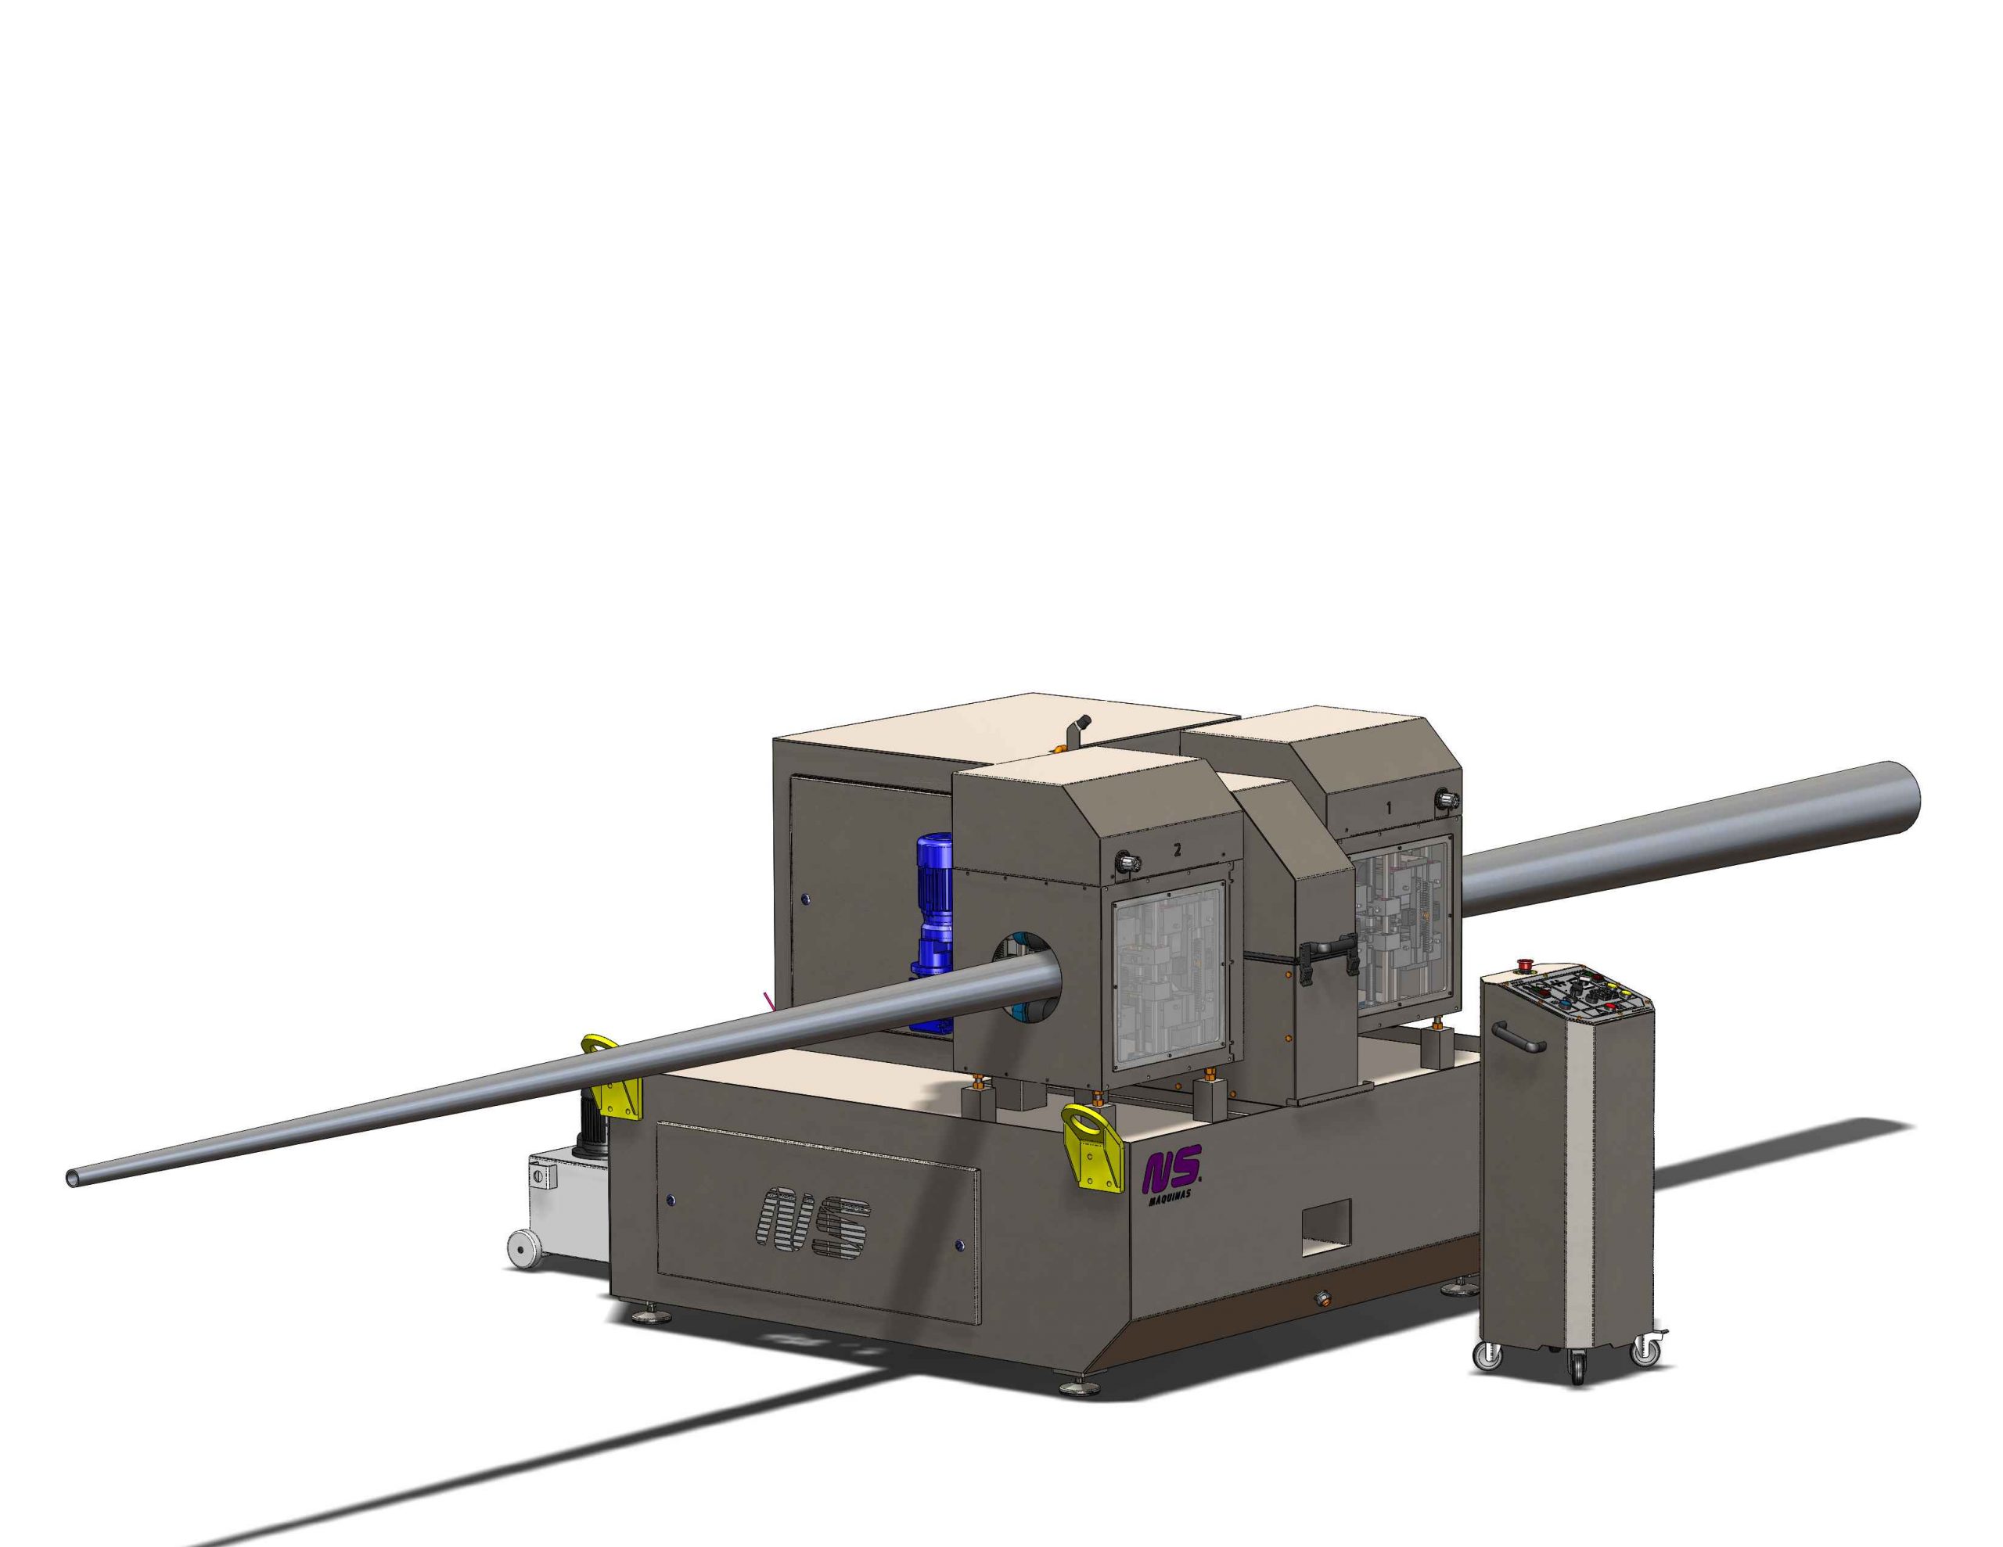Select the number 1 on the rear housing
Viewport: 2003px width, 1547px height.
tap(1390, 809)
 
